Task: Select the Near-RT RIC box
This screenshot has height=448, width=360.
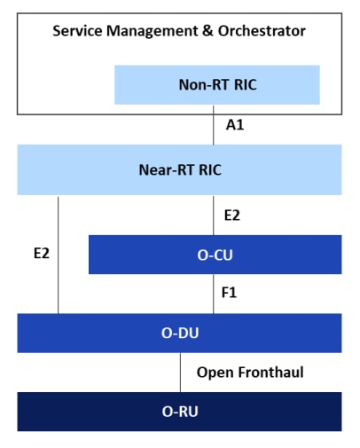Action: click(x=179, y=169)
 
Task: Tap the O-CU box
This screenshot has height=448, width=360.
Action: click(x=215, y=255)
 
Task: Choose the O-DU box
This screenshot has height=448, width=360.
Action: click(x=179, y=333)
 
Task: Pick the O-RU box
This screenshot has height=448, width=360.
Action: click(x=179, y=412)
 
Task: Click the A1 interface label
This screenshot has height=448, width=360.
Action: click(x=235, y=126)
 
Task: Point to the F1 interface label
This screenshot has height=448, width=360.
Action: click(x=230, y=291)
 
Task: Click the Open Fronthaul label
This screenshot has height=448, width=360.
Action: click(x=250, y=373)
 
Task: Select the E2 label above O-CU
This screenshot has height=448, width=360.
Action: click(x=231, y=215)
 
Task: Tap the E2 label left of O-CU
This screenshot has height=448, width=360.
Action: click(x=41, y=254)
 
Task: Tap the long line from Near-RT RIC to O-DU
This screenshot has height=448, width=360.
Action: click(x=59, y=266)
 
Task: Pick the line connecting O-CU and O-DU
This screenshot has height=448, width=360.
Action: click(x=214, y=294)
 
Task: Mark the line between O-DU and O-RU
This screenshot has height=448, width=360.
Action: click(x=181, y=373)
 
